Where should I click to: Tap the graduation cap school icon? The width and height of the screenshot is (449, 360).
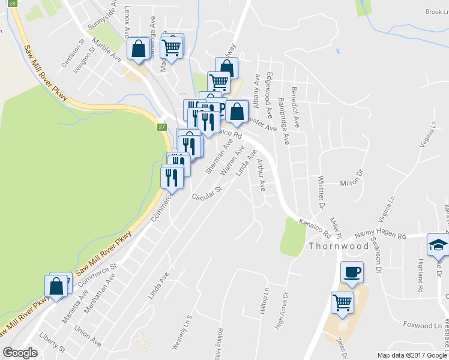437,245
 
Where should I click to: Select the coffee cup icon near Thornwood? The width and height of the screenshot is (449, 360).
352,272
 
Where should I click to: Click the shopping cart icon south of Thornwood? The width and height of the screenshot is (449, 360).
342,302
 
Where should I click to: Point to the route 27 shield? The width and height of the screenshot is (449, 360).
161,127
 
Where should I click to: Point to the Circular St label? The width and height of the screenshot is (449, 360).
207,193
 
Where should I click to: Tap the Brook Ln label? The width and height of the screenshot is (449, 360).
436,11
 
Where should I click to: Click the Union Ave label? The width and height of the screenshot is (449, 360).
88,334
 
